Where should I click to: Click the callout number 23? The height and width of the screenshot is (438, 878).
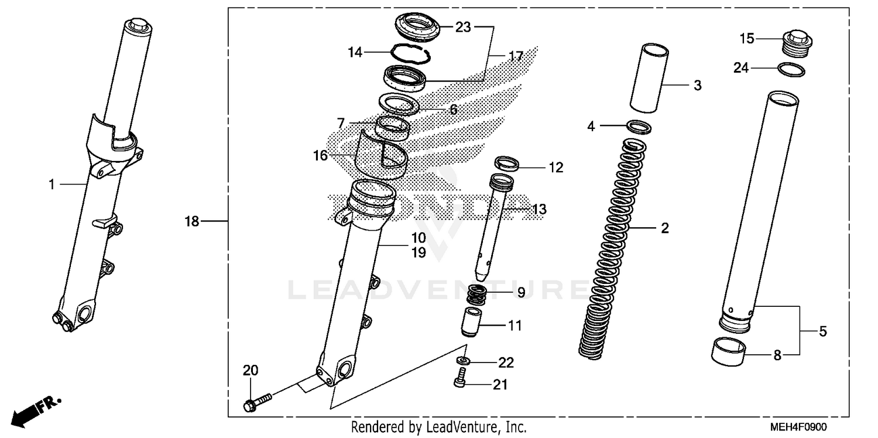pyautogui.click(x=463, y=27)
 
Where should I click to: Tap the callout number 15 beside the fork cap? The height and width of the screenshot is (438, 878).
pyautogui.click(x=747, y=39)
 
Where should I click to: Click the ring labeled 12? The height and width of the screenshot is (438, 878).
pyautogui.click(x=507, y=163)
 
